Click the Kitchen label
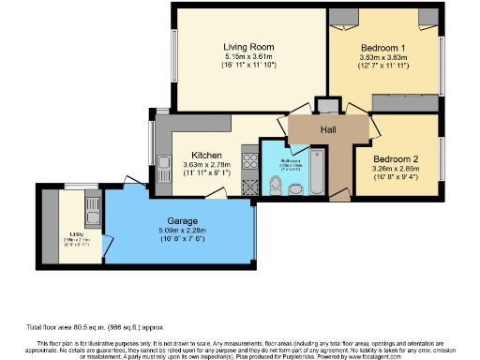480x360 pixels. (206, 155)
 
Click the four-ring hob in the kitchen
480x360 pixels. (251, 160)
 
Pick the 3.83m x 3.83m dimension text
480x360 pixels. (382, 58)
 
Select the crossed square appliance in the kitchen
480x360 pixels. (251, 187)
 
